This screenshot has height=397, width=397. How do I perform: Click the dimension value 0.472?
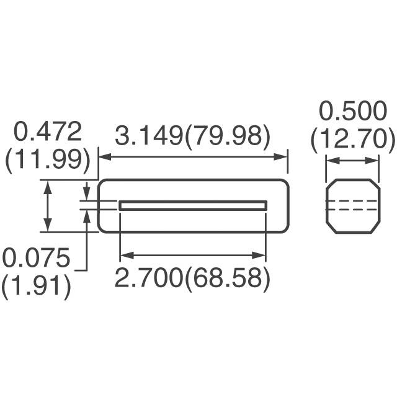[x=48, y=132]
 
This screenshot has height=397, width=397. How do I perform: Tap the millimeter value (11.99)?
[x=48, y=160]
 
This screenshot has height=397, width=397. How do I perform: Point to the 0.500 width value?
[x=352, y=112]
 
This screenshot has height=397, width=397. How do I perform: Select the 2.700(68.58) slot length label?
[x=192, y=279]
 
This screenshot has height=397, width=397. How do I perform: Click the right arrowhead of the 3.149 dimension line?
[x=283, y=157]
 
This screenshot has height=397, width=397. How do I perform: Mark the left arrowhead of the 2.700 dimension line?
[x=124, y=255]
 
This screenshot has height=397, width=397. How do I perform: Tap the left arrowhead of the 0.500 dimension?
[x=331, y=161]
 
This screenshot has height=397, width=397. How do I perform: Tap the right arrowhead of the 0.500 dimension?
[x=374, y=161]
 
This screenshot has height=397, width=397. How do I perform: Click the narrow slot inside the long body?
[x=192, y=205]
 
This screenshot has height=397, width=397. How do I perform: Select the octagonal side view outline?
[x=352, y=180]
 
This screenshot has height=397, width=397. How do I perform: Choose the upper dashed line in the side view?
[x=352, y=201]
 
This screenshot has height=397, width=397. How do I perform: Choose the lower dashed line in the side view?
[x=352, y=210]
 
